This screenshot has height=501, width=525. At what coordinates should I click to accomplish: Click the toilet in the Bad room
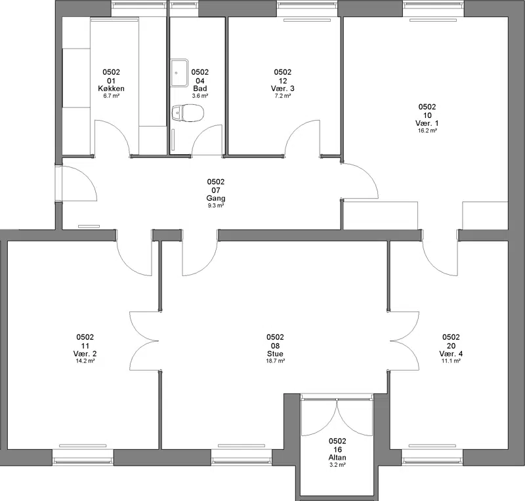coord(188,113)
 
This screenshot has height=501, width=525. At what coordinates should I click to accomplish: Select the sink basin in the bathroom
coord(179,73)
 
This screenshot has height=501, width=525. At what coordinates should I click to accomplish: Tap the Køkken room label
coord(111,89)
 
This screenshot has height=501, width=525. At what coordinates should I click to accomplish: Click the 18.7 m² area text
coord(275,361)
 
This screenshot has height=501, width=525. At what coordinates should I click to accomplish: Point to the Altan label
coord(337,458)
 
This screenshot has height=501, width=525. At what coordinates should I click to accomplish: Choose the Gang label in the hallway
coord(216,199)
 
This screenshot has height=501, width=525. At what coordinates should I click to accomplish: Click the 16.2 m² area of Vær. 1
coord(427,130)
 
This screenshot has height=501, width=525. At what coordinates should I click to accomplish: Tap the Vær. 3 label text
coord(283,89)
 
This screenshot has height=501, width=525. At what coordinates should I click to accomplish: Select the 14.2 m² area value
coord(85,361)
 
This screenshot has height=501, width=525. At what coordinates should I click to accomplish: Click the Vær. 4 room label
coord(451,353)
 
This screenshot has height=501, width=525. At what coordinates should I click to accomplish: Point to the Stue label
coord(275,353)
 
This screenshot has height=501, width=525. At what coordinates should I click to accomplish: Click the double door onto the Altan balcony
coord(337,416)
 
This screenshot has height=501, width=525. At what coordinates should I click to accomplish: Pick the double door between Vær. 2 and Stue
coord(144,342)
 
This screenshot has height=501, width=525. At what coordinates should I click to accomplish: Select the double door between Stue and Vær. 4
coord(404,342)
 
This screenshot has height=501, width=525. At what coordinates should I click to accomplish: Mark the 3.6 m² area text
coord(200,96)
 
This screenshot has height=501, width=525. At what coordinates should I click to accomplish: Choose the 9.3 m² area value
coord(216,205)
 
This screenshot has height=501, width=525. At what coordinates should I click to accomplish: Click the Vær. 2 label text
coord(85,353)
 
